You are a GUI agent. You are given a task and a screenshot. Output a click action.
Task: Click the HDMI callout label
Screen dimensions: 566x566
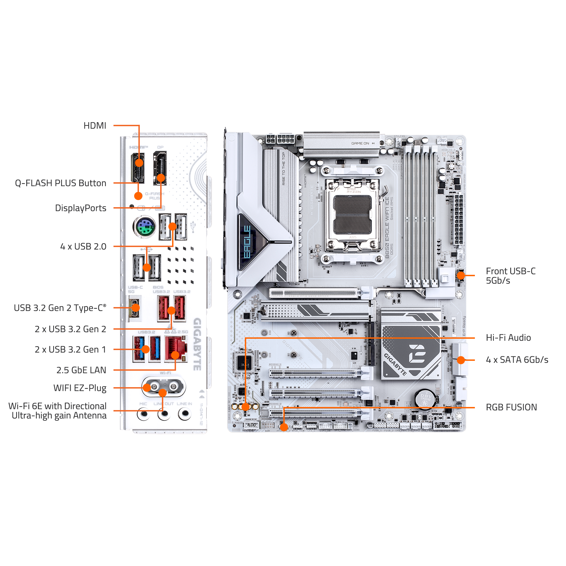tap(95, 126)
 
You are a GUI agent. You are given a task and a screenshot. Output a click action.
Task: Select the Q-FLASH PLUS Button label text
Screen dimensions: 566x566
tap(61, 183)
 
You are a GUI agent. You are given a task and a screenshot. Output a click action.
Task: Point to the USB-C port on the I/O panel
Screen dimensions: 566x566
tap(134, 308)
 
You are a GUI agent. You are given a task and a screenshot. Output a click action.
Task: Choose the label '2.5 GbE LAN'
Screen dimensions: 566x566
tap(81, 370)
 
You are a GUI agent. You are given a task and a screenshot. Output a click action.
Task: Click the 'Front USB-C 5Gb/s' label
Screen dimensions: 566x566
tap(510, 276)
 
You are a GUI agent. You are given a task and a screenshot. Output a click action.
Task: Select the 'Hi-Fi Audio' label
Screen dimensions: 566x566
tap(508, 338)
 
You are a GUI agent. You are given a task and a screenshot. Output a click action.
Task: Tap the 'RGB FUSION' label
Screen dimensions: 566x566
tap(511, 407)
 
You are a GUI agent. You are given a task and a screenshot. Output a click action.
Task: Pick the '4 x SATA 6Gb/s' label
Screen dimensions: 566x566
tap(517, 359)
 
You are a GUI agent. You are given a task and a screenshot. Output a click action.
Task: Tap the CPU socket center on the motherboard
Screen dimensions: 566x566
tap(352, 215)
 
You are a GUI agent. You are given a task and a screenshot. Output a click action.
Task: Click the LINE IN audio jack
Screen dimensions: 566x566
tap(185, 414)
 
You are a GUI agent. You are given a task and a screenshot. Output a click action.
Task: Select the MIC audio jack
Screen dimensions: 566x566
tap(143, 414)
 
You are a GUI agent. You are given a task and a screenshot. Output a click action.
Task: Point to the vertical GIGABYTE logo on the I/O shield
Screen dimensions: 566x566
tap(197, 344)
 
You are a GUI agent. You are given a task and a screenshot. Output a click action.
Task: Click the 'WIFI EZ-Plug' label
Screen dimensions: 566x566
tap(80, 388)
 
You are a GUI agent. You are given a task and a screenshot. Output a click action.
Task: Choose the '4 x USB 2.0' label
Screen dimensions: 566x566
tap(83, 246)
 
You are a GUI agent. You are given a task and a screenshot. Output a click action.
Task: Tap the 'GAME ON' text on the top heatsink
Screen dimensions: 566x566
tap(360, 143)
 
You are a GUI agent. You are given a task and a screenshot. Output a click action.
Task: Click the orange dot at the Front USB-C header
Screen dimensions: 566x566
tap(460, 275)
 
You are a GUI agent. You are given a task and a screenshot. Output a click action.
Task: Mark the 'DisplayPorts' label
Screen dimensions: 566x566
tap(81, 208)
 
